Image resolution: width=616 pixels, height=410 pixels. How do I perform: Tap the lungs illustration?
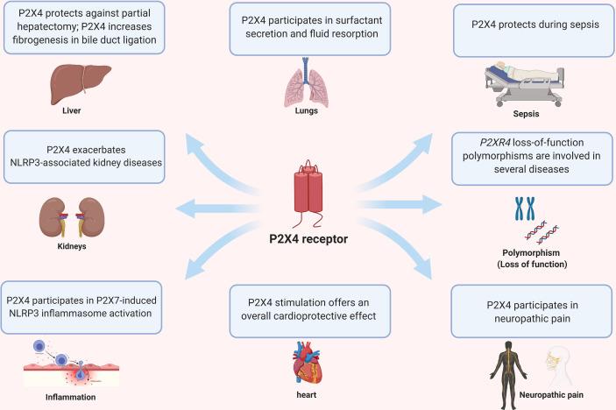pos(306,83)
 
